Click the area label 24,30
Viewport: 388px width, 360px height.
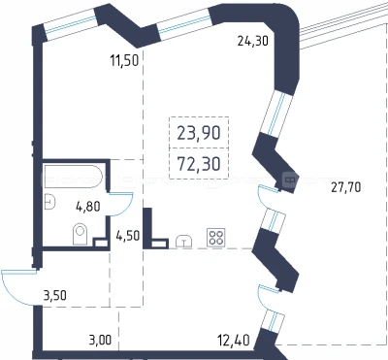point(253,41)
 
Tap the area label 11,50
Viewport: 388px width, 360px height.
point(124,60)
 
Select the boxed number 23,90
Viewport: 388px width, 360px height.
point(199,133)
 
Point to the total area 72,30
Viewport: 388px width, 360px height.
point(199,164)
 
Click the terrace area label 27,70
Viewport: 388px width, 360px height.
point(346,187)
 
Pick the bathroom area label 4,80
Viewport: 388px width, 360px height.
point(88,206)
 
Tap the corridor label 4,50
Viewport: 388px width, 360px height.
point(128,236)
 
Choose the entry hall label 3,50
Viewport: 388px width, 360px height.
point(55,295)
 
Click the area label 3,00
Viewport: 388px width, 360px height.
point(100,341)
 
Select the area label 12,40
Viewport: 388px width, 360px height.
point(234,341)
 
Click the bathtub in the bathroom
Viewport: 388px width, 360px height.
point(74,177)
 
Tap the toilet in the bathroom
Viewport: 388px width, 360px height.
point(81,234)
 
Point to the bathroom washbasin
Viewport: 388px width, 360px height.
point(49,202)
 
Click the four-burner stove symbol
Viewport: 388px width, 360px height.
point(216,238)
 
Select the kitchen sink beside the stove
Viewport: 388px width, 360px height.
point(184,242)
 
